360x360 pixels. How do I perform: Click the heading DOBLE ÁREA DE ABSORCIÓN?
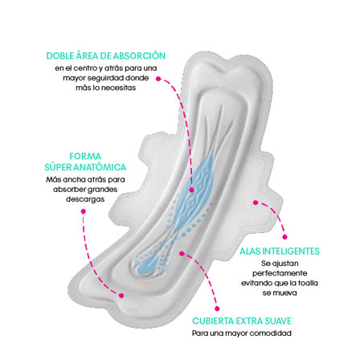(106, 55)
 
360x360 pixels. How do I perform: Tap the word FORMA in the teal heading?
(85, 157)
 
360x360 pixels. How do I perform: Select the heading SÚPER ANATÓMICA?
(85, 167)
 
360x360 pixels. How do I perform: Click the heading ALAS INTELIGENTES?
(280, 252)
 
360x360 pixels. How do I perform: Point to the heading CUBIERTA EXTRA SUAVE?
(242, 321)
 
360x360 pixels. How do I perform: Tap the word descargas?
(85, 199)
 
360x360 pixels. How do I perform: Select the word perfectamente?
(280, 273)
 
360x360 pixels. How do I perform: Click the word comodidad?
(270, 333)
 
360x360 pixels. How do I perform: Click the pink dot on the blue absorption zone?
(191, 190)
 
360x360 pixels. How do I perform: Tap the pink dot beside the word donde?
(158, 79)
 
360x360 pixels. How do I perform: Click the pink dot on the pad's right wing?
(256, 202)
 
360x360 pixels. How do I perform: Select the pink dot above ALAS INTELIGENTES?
(285, 237)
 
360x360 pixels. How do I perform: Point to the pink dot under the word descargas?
(84, 211)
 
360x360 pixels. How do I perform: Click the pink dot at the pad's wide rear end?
(121, 296)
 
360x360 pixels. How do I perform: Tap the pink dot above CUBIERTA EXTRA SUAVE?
(217, 309)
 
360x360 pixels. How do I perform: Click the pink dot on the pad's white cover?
(182, 253)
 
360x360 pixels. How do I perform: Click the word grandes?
(103, 190)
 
